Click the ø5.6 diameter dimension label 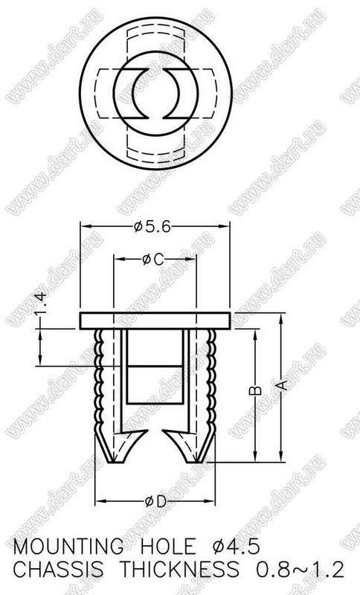[x=152, y=227]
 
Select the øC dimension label [x=153, y=260]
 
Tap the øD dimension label [x=155, y=502]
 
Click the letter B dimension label [x=256, y=390]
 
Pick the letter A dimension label [x=282, y=385]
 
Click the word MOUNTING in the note [x=68, y=547]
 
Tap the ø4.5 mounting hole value [x=237, y=547]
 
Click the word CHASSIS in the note [x=58, y=570]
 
